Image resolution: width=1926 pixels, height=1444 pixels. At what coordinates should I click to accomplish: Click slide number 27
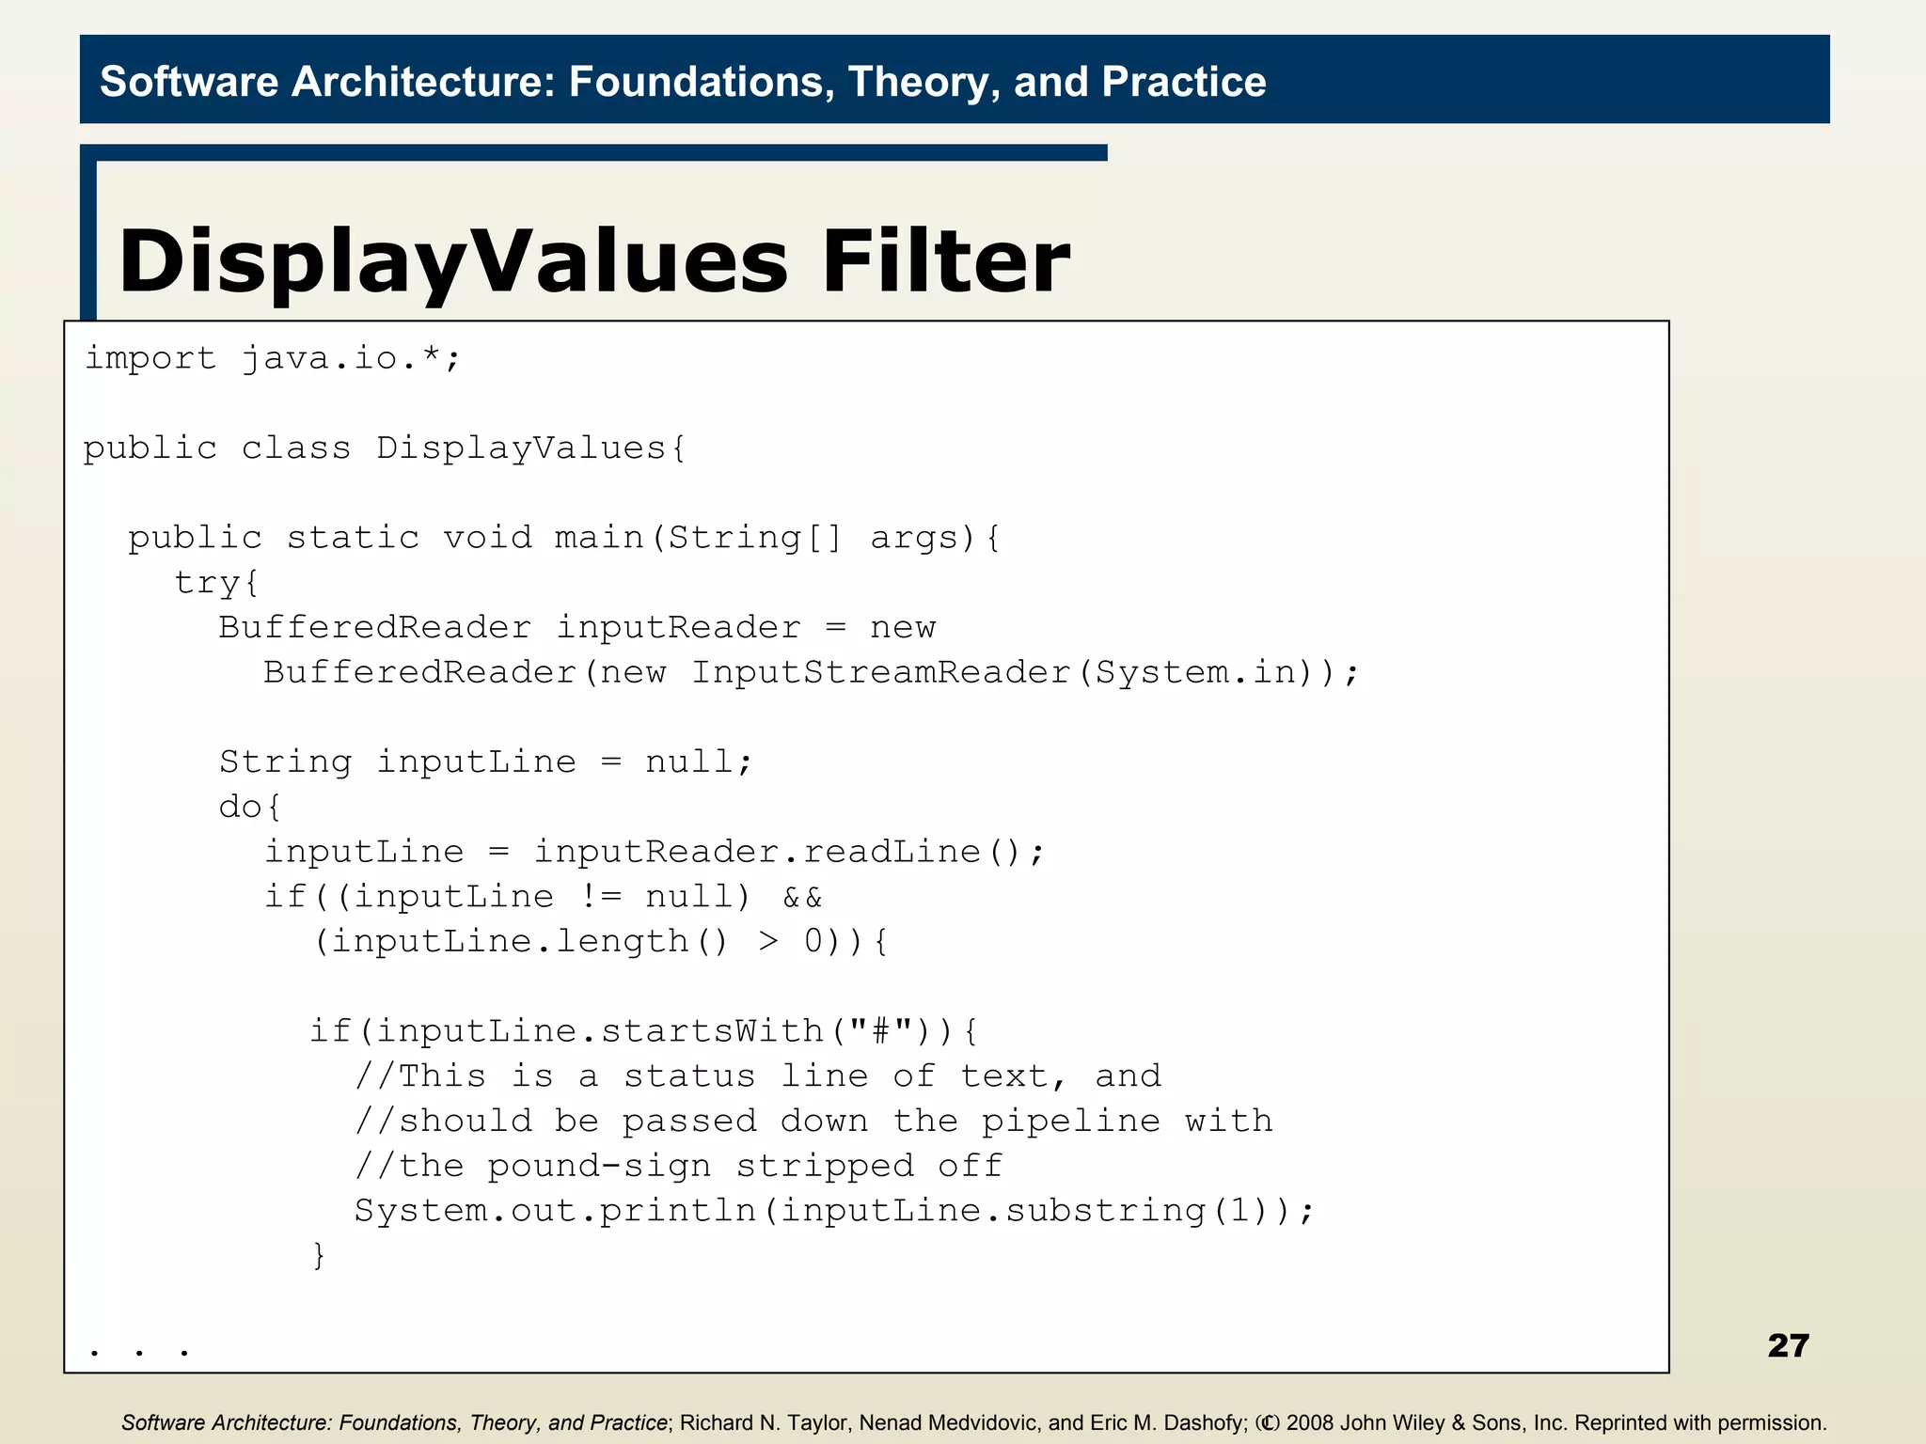pyautogui.click(x=1788, y=1345)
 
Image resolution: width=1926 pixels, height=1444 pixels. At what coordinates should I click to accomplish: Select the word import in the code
pyautogui.click(x=150, y=358)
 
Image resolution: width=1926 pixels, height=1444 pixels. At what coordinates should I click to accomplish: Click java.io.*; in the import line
pyautogui.click(x=351, y=358)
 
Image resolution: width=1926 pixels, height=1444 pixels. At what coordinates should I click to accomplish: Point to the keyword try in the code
pyautogui.click(x=207, y=583)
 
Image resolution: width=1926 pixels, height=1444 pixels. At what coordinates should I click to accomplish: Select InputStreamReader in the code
pyautogui.click(x=881, y=672)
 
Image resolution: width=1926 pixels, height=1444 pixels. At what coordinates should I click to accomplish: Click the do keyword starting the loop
pyautogui.click(x=241, y=807)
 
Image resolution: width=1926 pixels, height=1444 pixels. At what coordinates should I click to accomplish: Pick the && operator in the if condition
pyautogui.click(x=802, y=897)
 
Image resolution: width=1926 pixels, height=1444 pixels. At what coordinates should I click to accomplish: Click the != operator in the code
pyautogui.click(x=600, y=897)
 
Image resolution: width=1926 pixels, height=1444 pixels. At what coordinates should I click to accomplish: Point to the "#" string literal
pyautogui.click(x=880, y=1031)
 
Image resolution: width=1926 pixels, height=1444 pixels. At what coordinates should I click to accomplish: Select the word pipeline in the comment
pyautogui.click(x=1070, y=1121)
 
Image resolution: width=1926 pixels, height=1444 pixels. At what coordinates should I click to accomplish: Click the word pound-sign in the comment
pyautogui.click(x=599, y=1166)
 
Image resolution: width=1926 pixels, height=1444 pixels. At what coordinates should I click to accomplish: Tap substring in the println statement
pyautogui.click(x=1104, y=1211)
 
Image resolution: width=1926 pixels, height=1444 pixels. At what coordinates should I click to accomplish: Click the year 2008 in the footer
pyautogui.click(x=1310, y=1422)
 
